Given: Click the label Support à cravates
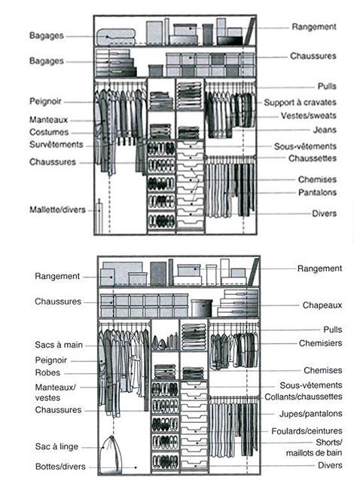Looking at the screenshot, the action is point(300,103).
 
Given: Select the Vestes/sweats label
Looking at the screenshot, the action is point(309,116).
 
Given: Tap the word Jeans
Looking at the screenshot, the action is point(325,130).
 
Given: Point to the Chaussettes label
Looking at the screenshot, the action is point(313,158).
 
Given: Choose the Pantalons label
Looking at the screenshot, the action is point(317,192).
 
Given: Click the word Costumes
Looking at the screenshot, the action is point(49,132).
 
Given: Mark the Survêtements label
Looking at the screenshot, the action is point(56,145).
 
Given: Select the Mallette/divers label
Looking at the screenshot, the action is point(57,210).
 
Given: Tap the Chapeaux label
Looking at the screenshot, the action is point(322,305).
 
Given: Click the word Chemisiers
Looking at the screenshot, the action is point(320,344).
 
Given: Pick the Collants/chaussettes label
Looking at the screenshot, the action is point(304,397).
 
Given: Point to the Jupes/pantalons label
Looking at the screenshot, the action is point(310,414).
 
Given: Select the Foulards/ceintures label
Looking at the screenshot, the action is point(307,431).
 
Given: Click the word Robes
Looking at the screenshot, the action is point(47,373).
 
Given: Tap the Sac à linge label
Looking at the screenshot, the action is point(56,447).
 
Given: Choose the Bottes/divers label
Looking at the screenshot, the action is point(60,467).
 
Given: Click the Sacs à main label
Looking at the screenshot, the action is point(59,345).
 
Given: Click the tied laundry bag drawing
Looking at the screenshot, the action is point(111,455).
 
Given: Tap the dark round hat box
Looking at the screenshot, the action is point(202,308).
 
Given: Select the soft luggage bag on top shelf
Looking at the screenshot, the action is point(116,37).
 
